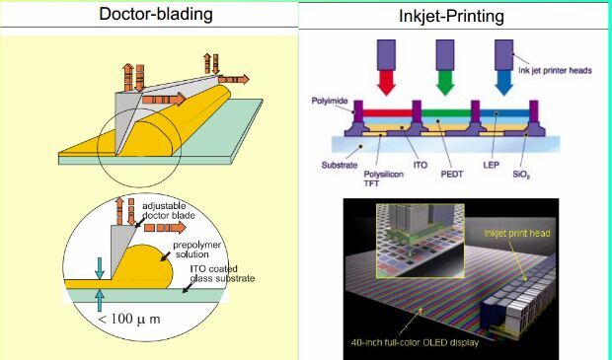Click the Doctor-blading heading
[156, 15]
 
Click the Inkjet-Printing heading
[451, 16]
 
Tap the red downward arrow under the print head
[386, 83]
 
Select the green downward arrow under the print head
[445, 83]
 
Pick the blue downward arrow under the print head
[503, 83]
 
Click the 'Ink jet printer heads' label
[555, 71]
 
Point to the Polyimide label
[330, 101]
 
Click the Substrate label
[340, 165]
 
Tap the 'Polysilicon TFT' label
[383, 179]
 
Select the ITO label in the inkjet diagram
[421, 165]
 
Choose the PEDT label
[452, 174]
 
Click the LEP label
[491, 165]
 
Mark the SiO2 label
[521, 175]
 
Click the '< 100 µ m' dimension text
[128, 319]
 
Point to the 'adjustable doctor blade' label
[168, 211]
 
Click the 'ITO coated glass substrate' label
[222, 274]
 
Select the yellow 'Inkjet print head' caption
[517, 233]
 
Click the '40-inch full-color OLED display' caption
[415, 343]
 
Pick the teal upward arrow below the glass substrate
[100, 300]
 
